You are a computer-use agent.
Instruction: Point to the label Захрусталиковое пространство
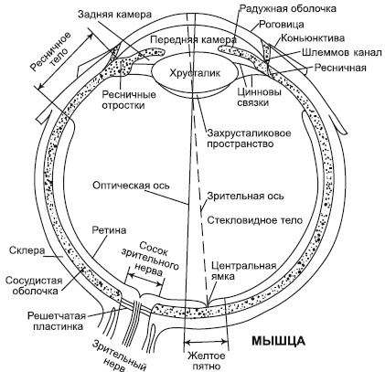pyautogui.click(x=255, y=136)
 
